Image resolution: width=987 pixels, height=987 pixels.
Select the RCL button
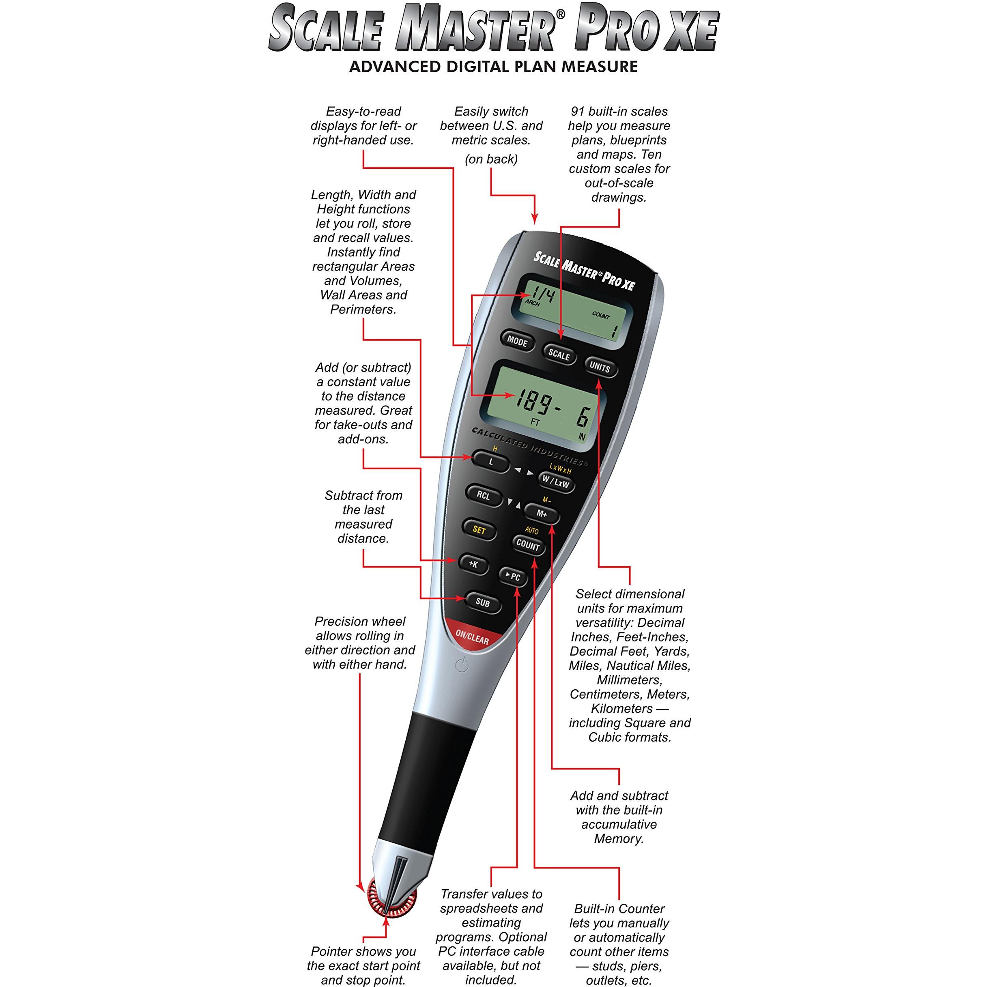(x=483, y=496)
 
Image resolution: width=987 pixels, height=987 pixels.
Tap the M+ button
(x=542, y=514)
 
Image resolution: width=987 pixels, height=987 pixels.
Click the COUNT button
(x=528, y=546)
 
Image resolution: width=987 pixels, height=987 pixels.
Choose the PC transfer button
(x=513, y=576)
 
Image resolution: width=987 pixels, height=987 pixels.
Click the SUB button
(x=483, y=602)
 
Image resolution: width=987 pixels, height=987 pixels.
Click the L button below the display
(x=491, y=462)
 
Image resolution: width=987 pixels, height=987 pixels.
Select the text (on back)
(x=491, y=159)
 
